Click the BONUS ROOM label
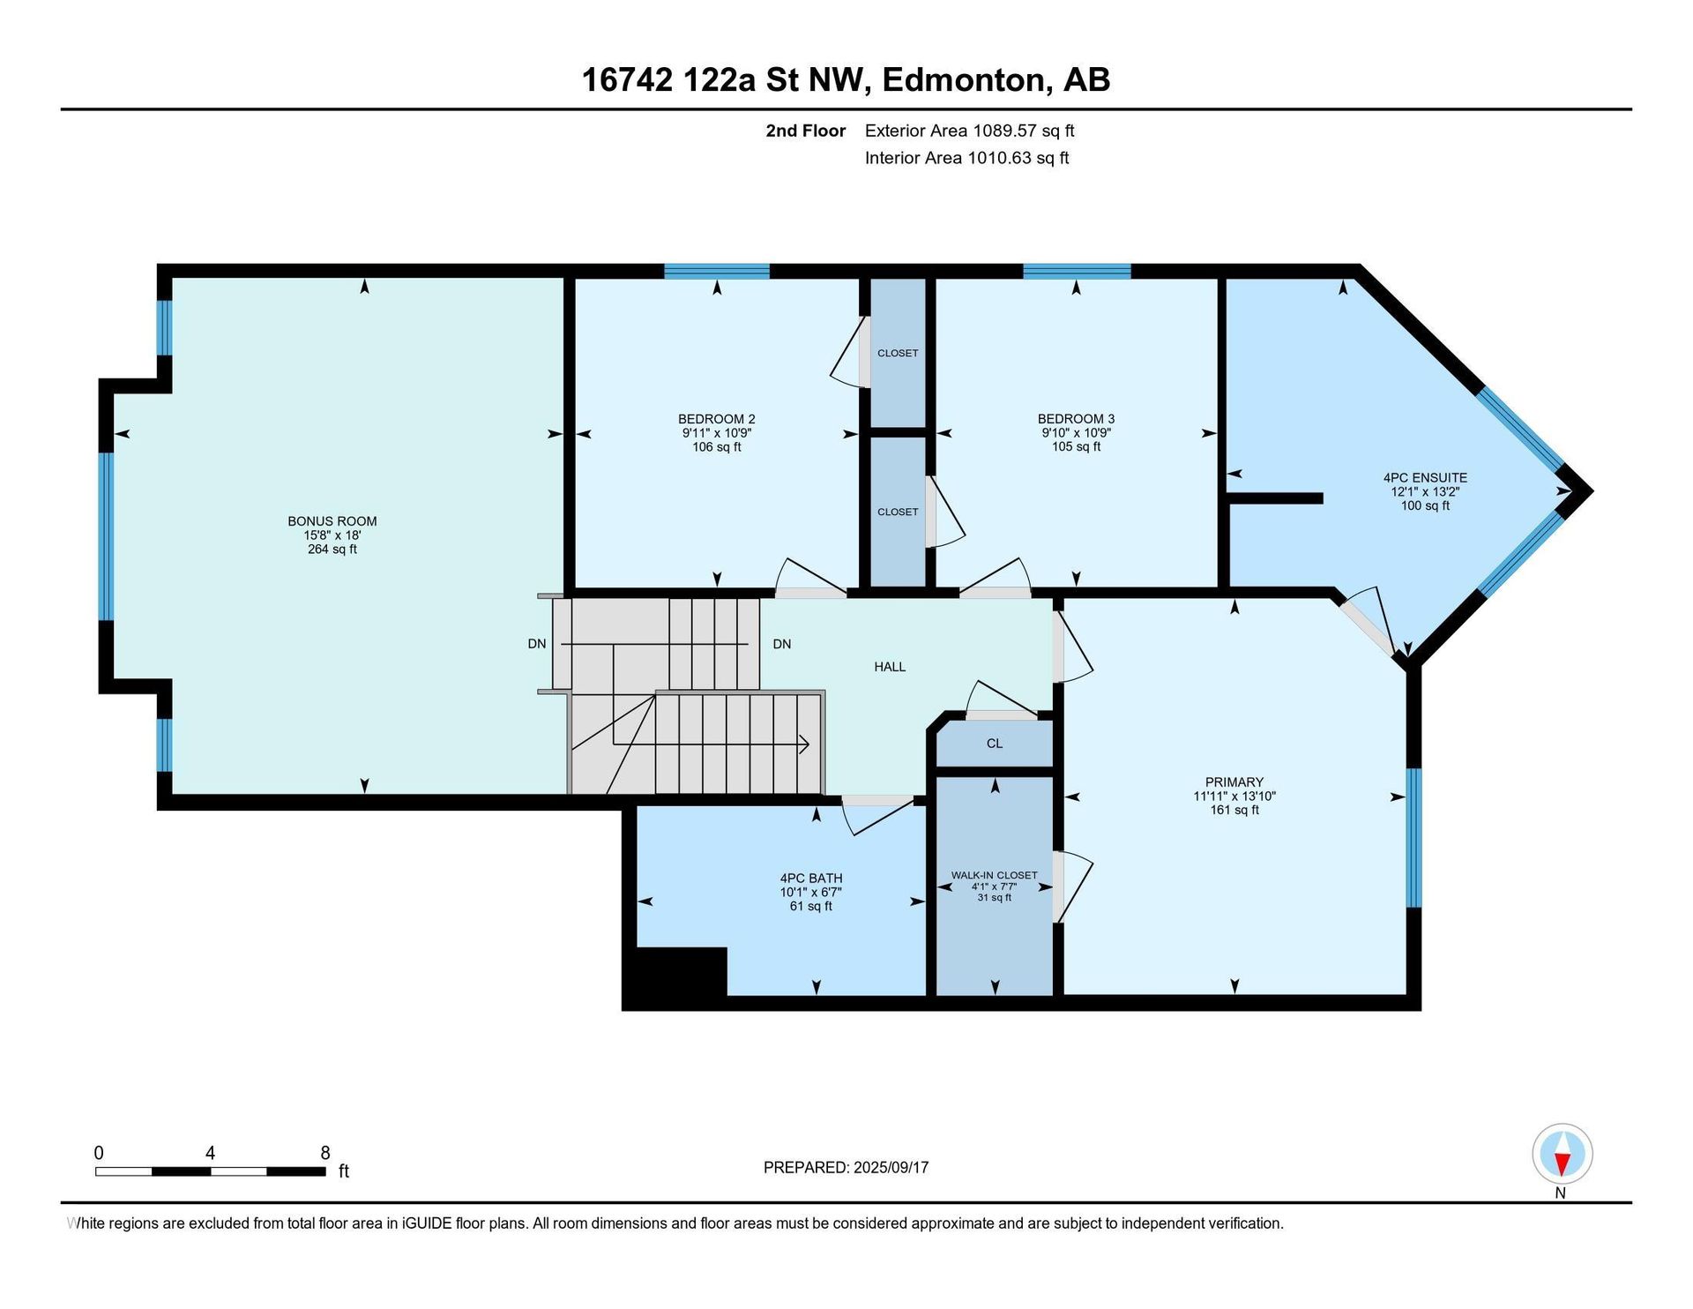(x=332, y=521)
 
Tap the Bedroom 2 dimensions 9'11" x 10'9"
(x=716, y=433)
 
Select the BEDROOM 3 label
(x=1076, y=419)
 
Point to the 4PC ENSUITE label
(x=1425, y=478)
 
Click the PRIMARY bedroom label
(x=1234, y=782)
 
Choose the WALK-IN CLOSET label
(x=994, y=875)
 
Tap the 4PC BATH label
(x=811, y=879)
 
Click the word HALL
(x=890, y=667)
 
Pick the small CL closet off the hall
(x=995, y=744)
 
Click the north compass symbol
(x=1562, y=1154)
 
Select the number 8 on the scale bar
(x=325, y=1153)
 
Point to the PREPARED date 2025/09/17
(x=891, y=1167)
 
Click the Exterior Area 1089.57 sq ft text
(x=969, y=131)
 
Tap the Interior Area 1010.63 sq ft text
(x=966, y=158)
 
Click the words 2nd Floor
(x=805, y=131)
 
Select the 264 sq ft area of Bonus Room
(x=332, y=550)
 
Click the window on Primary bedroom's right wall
(x=1413, y=838)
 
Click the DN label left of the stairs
(x=537, y=644)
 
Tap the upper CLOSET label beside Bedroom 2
(x=898, y=353)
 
